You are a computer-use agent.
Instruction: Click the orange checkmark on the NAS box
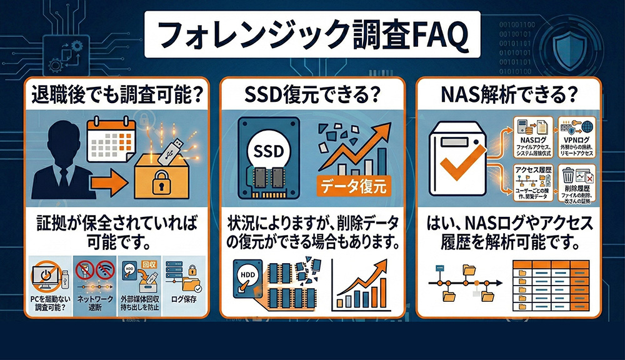(463, 162)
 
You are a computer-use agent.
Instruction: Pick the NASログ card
(530, 136)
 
